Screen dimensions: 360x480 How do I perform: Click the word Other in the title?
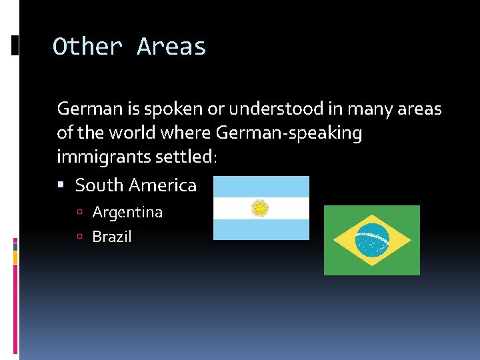(87, 47)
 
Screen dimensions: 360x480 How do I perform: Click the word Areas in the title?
(171, 47)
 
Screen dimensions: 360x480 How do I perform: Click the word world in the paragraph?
(133, 133)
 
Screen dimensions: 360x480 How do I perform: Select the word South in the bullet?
(99, 185)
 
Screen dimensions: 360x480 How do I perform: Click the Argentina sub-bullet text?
(127, 213)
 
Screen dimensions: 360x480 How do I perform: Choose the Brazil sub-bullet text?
(112, 237)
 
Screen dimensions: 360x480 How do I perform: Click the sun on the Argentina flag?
(259, 208)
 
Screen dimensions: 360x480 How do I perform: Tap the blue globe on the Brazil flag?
(372, 240)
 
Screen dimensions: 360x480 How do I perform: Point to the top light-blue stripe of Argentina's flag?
(261, 187)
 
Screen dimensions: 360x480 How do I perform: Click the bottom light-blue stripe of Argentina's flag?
(261, 229)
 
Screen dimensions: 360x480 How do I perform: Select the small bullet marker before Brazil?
(79, 237)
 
